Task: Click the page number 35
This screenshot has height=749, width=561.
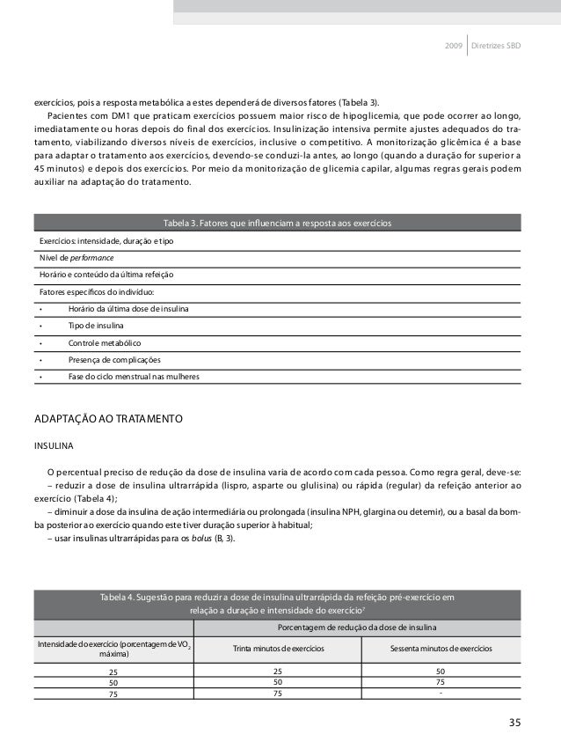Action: tap(514, 723)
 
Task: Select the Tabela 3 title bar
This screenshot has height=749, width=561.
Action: tap(277, 222)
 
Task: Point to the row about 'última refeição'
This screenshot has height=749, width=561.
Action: tap(101, 275)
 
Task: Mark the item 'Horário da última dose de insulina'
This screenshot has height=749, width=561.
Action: tap(133, 309)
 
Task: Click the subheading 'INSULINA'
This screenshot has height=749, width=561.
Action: tap(55, 444)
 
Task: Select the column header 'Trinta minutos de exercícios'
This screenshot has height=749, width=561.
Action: tap(278, 649)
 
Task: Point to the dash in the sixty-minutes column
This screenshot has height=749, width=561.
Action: tap(440, 692)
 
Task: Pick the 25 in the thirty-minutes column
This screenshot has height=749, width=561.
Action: tap(278, 670)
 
